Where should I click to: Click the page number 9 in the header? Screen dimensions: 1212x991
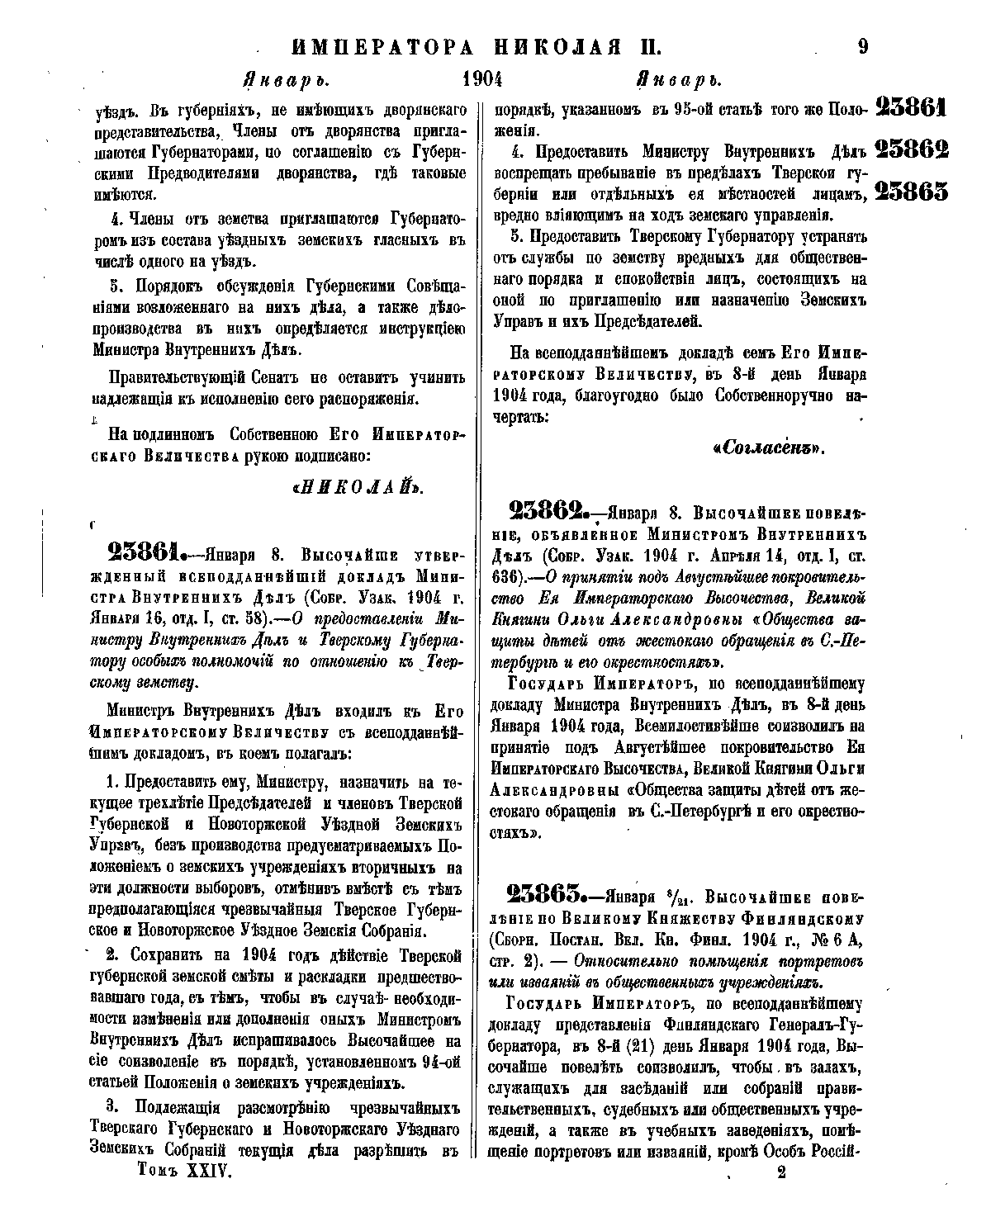pyautogui.click(x=862, y=46)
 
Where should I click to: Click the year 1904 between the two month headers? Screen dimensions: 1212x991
pyautogui.click(x=483, y=81)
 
